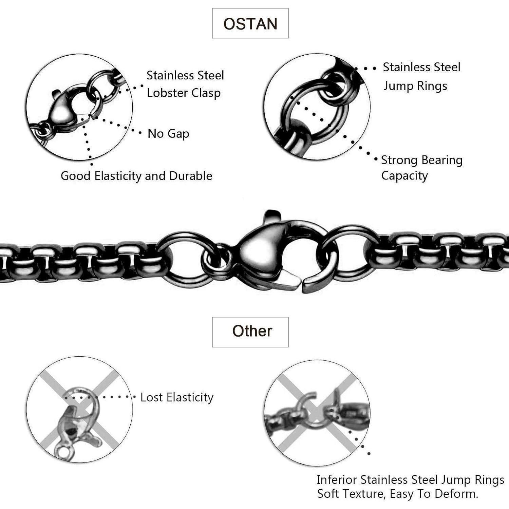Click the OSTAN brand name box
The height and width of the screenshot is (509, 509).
point(250,23)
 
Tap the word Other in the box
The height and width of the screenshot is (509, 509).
point(252,331)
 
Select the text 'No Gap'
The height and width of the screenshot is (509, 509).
point(168,134)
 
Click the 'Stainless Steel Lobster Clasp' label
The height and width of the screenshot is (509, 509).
point(185,84)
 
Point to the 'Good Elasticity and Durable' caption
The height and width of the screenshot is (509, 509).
point(136,176)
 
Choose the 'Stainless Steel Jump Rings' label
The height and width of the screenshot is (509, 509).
point(421,76)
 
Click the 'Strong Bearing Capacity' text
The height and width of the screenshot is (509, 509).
point(422,168)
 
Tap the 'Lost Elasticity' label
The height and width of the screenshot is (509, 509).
point(177,397)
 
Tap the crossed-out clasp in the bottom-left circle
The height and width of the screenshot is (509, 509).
point(76,424)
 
